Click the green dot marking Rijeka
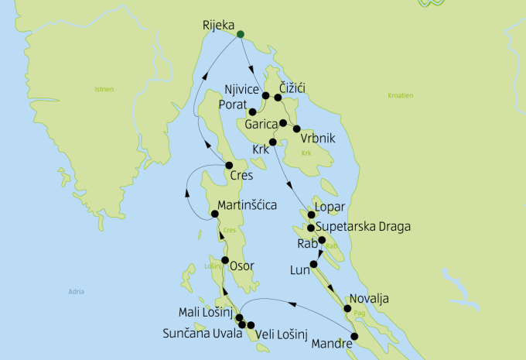(241, 34)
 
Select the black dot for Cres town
(229, 166)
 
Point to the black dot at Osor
(225, 260)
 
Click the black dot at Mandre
(355, 337)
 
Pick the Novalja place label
(367, 298)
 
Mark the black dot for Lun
(313, 266)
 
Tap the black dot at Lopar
(311, 214)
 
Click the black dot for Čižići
(278, 98)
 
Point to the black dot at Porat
(252, 111)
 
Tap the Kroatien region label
(400, 96)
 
